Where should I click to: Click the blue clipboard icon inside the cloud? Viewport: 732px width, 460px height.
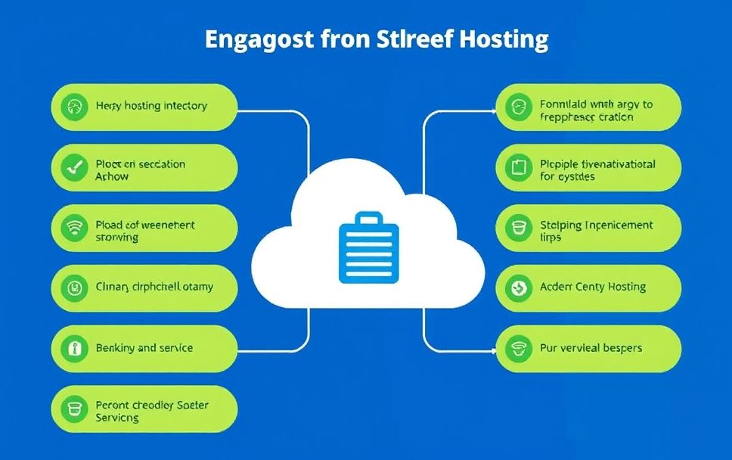point(366,249)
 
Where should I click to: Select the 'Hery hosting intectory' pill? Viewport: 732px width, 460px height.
point(144,106)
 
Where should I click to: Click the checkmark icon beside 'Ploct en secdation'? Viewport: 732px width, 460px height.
point(74,168)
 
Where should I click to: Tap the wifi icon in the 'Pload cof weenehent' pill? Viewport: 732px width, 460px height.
point(74,229)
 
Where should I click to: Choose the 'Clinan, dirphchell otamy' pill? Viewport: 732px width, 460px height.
point(144,287)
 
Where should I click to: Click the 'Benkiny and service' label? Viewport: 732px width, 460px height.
point(144,348)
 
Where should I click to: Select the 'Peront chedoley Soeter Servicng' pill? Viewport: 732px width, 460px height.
point(144,409)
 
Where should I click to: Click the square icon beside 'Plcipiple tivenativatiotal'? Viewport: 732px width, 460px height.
point(519,168)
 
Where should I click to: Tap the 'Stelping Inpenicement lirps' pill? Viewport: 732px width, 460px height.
point(588,229)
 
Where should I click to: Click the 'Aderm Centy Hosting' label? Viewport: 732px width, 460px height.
point(593,287)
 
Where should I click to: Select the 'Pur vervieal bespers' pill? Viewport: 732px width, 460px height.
point(588,348)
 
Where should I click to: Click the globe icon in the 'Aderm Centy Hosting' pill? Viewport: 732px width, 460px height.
point(519,287)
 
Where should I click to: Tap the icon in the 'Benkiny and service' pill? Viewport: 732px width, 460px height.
point(74,349)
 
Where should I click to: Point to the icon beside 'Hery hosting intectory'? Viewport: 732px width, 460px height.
point(74,106)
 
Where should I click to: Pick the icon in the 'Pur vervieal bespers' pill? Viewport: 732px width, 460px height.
point(519,349)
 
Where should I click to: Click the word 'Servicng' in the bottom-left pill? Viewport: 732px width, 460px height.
point(117,418)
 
